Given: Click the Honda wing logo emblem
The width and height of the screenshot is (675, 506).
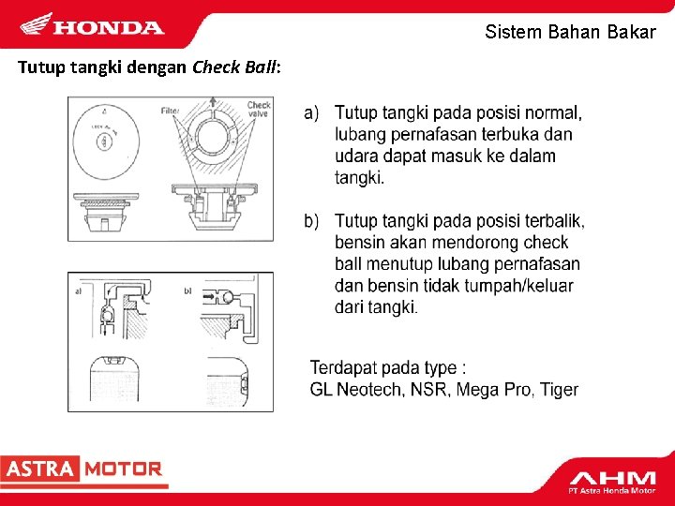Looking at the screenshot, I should (37, 23).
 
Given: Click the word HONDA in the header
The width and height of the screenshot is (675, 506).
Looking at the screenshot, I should (108, 27).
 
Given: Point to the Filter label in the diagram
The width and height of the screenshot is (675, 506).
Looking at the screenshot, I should (170, 111).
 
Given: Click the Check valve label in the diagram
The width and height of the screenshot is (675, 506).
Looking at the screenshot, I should (259, 109).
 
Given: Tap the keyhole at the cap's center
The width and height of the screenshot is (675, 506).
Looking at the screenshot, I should (102, 142).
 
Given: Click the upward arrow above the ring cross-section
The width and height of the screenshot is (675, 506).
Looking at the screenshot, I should (214, 103).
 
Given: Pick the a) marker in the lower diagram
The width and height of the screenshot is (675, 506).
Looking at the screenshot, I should (78, 291).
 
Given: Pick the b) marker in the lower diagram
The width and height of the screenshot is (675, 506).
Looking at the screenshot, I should (187, 291).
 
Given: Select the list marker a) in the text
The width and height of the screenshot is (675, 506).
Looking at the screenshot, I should (313, 113).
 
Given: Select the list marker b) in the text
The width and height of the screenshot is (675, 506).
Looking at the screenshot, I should (313, 221).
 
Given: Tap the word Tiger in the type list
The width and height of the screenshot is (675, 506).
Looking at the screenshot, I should (559, 390).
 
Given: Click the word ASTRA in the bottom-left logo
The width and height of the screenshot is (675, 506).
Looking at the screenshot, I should (39, 469).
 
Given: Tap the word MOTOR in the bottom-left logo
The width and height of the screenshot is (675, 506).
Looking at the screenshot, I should (124, 469).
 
